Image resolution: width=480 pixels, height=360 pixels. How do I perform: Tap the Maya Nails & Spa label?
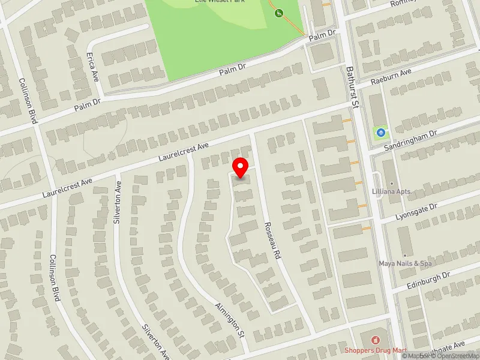(405, 263)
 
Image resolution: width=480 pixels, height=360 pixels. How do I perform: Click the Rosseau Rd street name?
(272, 241)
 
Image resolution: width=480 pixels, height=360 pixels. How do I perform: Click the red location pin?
(241, 167)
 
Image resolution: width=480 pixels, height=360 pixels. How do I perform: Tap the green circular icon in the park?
(278, 13)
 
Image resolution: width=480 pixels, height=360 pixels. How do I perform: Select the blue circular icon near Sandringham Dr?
(380, 132)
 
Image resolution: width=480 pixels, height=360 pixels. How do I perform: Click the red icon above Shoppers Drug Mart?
(376, 340)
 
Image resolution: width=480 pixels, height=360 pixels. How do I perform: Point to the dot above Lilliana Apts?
(392, 183)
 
